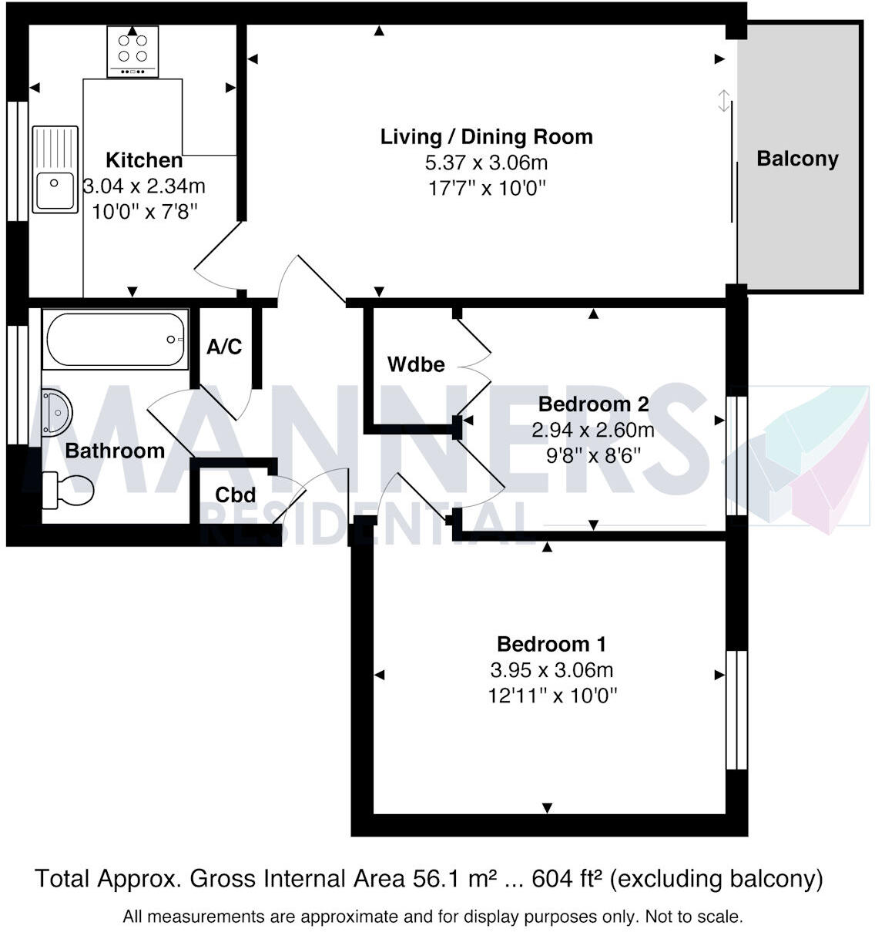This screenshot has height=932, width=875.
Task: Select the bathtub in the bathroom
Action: pyautogui.click(x=116, y=340)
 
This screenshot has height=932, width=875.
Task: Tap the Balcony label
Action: pyautogui.click(x=797, y=159)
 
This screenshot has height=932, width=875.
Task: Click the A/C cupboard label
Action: pyautogui.click(x=224, y=347)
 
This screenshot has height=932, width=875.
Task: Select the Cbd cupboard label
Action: pyautogui.click(x=236, y=494)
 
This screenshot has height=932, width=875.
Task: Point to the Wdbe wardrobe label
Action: pyautogui.click(x=416, y=364)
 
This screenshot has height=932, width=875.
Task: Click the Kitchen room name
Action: pyautogui.click(x=144, y=160)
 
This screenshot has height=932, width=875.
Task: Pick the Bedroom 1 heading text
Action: pyautogui.click(x=551, y=644)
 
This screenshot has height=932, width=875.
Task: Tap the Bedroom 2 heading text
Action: pyautogui.click(x=593, y=404)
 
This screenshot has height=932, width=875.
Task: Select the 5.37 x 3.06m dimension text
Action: pyautogui.click(x=486, y=163)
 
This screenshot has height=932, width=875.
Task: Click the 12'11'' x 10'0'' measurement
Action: pyautogui.click(x=552, y=696)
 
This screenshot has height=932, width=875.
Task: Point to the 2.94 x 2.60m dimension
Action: pyautogui.click(x=593, y=430)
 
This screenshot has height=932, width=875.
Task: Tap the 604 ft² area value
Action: pyautogui.click(x=566, y=878)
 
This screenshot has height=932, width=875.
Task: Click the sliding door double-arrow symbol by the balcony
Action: pyautogui.click(x=723, y=101)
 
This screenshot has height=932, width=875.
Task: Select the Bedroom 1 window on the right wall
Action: pyautogui.click(x=737, y=710)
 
